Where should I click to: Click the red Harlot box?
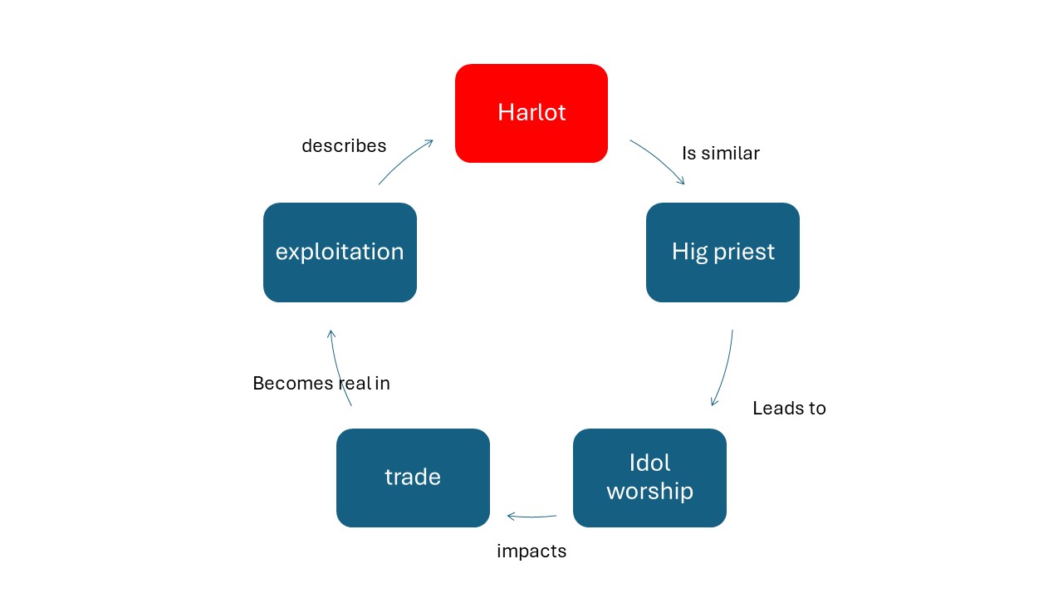[x=531, y=114]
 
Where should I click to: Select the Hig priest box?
[x=723, y=252]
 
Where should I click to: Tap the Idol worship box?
[x=649, y=478]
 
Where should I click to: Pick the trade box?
[x=413, y=478]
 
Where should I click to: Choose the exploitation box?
[x=340, y=252]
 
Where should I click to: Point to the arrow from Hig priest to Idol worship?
[x=726, y=370]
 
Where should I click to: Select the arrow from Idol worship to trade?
[x=531, y=517]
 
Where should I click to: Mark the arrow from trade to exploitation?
[x=338, y=368]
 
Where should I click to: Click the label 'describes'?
[x=344, y=145]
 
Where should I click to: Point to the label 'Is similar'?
[x=721, y=154]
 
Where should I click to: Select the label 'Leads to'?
[x=789, y=408]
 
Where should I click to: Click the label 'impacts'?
[x=531, y=551]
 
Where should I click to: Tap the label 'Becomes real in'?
[x=321, y=383]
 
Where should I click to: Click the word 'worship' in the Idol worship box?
[x=649, y=492]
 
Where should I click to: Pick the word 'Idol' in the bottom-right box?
[x=649, y=463]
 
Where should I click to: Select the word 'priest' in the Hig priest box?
[x=743, y=252]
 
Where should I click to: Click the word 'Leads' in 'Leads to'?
[x=772, y=408]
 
